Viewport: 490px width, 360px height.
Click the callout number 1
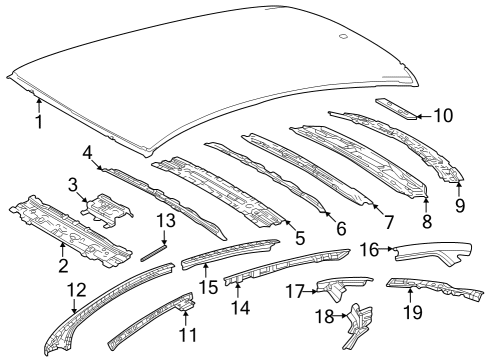point(38,123)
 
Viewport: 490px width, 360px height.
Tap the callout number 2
point(62,265)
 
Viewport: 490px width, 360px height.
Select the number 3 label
point(73,184)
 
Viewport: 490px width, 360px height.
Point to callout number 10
point(442,115)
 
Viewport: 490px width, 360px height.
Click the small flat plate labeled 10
point(396,107)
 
